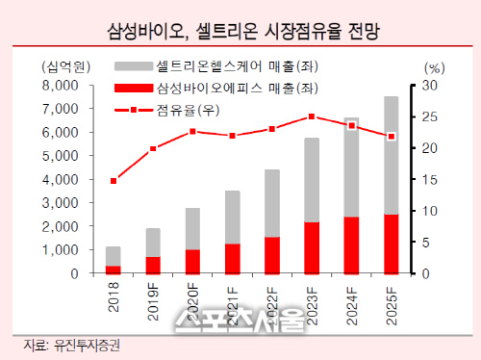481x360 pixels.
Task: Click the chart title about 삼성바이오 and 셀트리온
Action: click(241, 32)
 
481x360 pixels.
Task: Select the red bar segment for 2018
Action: click(114, 270)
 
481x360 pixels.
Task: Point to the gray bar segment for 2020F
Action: click(192, 228)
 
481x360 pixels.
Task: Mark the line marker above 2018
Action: click(114, 181)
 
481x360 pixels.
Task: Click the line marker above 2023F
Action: click(311, 117)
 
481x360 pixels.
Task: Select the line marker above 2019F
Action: click(153, 149)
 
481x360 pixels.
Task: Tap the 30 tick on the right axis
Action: click(430, 86)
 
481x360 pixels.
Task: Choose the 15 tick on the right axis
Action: click(430, 180)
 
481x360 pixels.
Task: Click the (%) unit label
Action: click(434, 68)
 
